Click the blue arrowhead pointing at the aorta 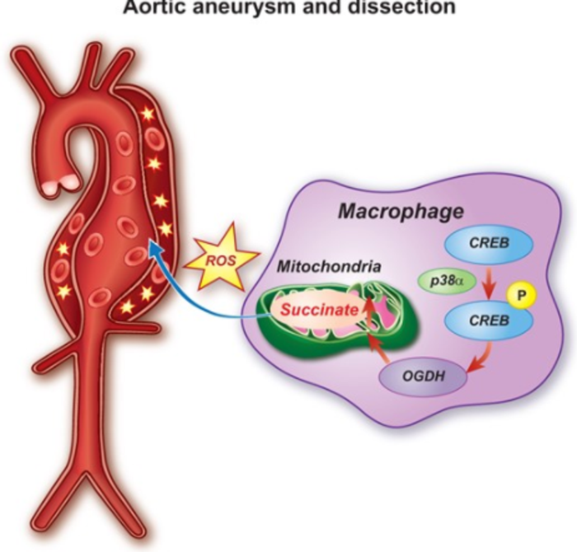tap(153, 245)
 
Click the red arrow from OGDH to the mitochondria tap(376, 350)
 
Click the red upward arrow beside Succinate tap(369, 311)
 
